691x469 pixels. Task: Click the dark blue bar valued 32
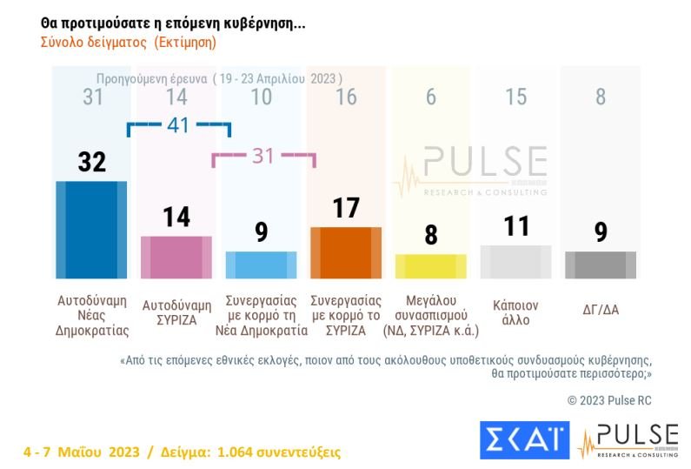pos(91,229)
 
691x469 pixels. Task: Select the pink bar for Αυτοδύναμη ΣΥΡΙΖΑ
pos(176,256)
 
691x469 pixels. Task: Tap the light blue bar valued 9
pos(261,264)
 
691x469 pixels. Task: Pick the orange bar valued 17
pos(346,251)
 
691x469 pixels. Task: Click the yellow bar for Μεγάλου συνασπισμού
pos(430,265)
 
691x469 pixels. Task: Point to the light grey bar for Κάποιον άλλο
pos(515,261)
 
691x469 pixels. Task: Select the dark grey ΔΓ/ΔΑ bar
pos(600,264)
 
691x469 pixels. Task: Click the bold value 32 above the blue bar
pos(91,161)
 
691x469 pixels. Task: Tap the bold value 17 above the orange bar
pos(346,208)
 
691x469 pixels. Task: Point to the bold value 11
pos(515,226)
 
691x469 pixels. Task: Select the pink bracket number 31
pos(263,156)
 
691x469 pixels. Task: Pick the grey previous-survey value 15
pos(515,97)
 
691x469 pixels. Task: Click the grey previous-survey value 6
pos(430,97)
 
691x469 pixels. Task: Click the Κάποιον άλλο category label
pos(515,312)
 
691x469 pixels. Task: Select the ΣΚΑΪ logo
pos(524,440)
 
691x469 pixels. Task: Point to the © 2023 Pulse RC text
pos(608,400)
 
